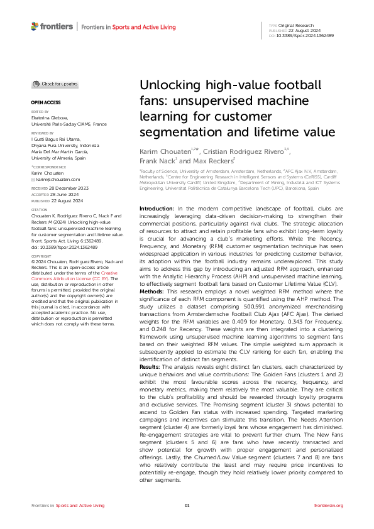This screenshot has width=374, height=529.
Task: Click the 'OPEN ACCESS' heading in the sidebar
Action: (x=46, y=101)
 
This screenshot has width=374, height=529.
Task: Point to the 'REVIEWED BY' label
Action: (x=43, y=133)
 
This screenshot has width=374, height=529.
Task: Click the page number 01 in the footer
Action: (x=187, y=505)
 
